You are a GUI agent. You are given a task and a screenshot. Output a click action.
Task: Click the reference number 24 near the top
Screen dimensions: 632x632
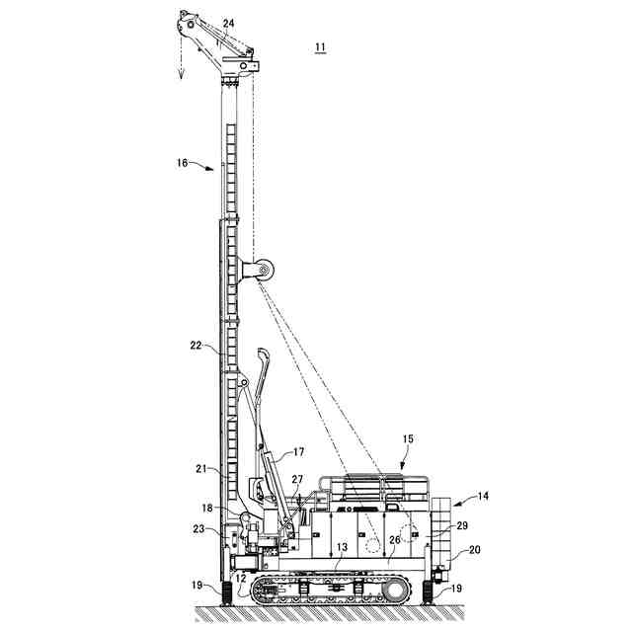[228, 23]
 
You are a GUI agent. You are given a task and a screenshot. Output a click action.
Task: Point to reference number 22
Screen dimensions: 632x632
[196, 345]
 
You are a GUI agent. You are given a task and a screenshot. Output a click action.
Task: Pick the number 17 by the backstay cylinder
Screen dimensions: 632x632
[299, 454]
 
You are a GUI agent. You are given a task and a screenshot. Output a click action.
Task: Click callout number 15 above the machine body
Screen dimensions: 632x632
[408, 438]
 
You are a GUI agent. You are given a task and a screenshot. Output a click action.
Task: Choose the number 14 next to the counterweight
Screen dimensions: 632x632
[481, 496]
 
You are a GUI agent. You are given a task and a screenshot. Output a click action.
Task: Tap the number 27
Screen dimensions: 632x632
[297, 478]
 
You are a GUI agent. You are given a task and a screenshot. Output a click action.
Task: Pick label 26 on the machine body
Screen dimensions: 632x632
[395, 540]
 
